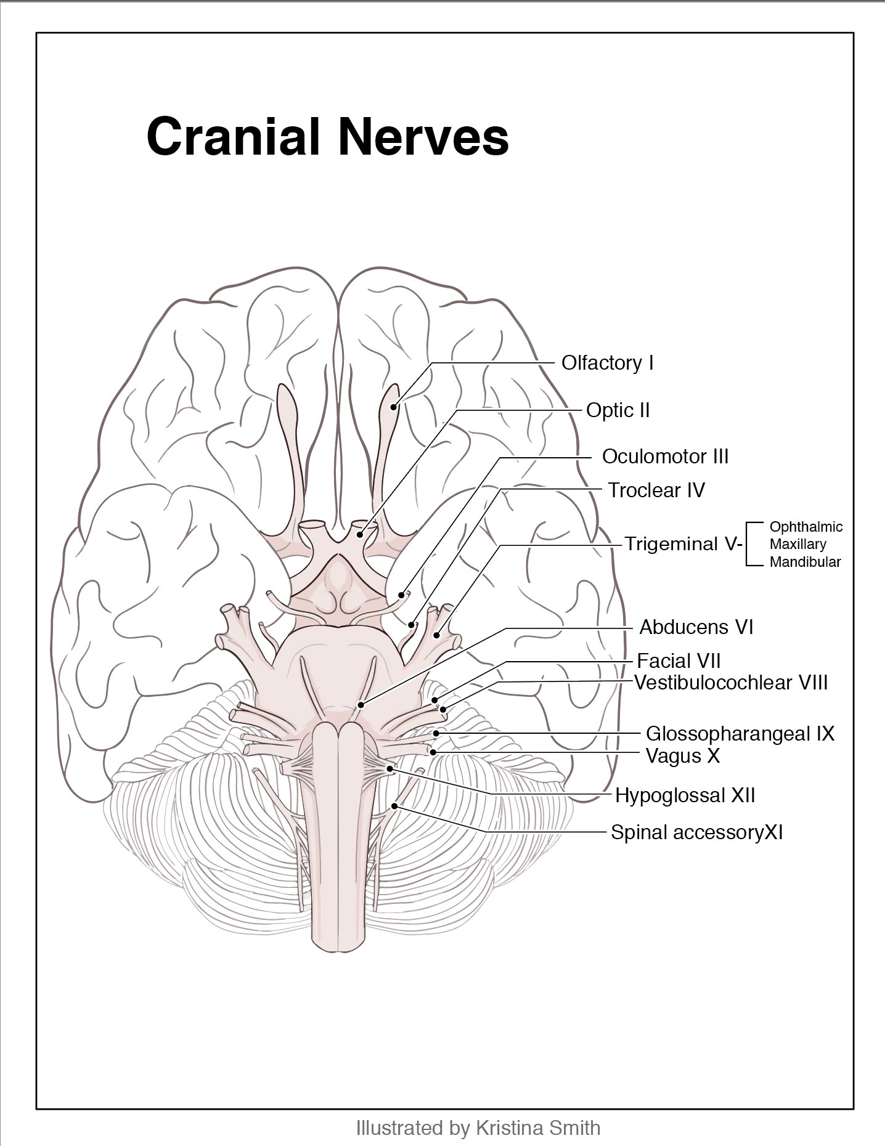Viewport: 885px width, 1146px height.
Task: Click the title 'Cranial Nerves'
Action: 327,136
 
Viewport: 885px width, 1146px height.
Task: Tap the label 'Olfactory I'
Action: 607,363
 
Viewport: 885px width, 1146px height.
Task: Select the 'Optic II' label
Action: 618,410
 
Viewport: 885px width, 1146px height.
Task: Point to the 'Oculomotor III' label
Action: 665,457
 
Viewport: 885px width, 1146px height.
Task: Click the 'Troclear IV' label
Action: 656,490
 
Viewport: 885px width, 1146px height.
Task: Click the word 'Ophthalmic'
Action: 805,527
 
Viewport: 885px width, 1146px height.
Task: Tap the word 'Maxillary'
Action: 797,545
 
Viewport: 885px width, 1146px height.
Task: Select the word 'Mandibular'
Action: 805,562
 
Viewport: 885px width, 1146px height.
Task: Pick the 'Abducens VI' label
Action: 696,627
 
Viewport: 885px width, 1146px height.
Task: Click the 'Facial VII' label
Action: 679,661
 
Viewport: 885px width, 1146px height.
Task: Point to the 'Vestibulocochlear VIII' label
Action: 731,683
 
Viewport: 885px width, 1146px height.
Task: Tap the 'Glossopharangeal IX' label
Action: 740,734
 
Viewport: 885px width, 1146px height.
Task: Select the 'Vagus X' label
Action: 682,756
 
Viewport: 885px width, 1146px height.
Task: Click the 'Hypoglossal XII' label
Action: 685,795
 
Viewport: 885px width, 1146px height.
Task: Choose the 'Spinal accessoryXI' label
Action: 696,832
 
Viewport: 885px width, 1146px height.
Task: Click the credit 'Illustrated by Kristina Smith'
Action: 478,1128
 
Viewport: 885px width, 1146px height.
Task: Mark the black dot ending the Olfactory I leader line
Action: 393,405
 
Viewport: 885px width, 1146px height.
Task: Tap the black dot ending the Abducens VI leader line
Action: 362,705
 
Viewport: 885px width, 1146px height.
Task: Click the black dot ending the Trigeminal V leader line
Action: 437,635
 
